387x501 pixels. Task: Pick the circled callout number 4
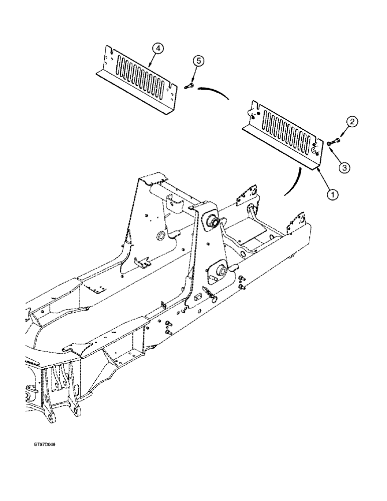158,48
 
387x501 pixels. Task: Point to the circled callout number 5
199,61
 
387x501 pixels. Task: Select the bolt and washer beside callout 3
332,144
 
